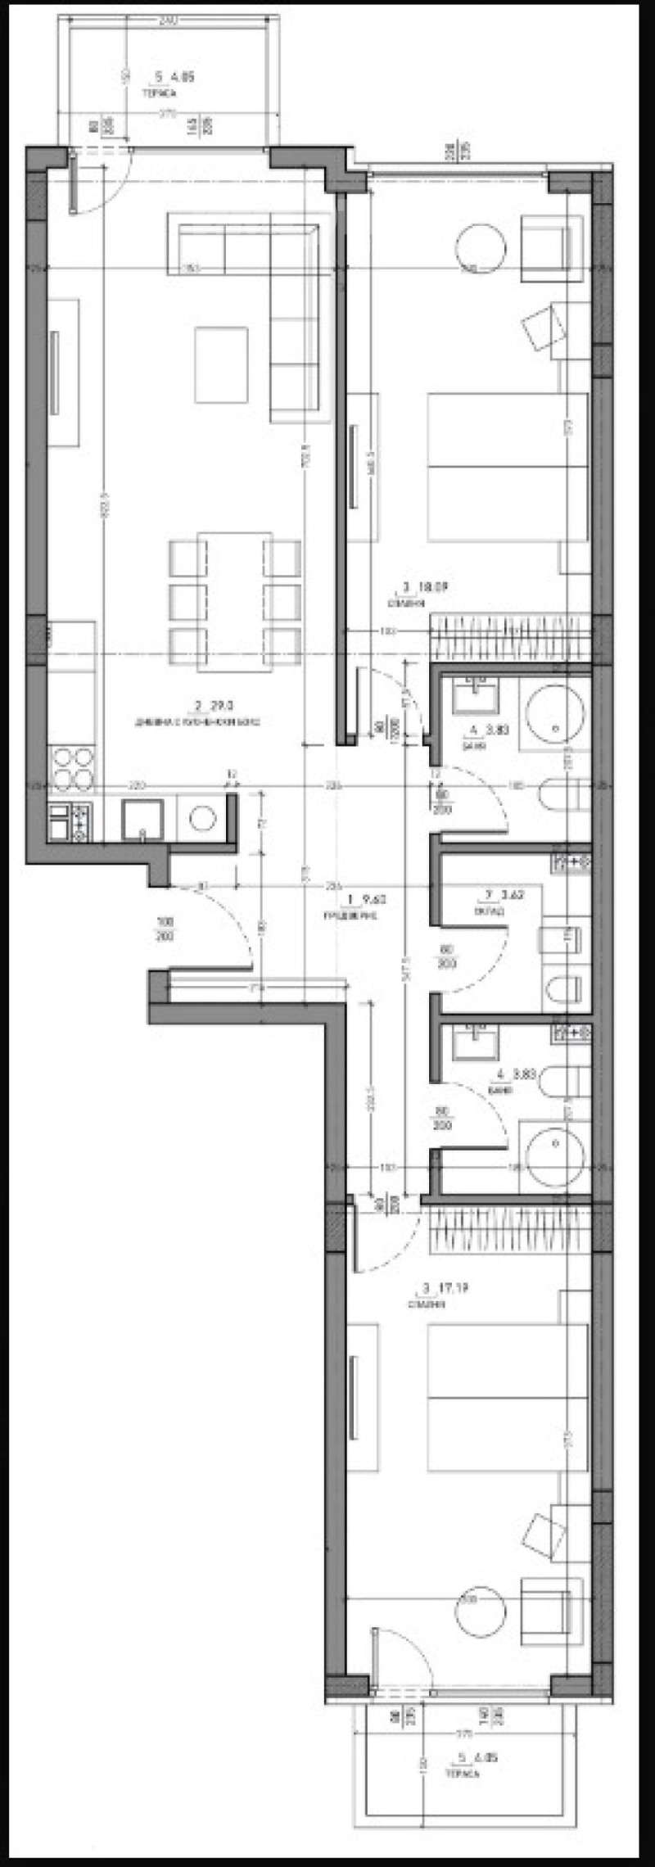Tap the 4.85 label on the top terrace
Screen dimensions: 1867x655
click(x=174, y=78)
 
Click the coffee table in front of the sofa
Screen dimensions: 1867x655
click(x=221, y=364)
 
